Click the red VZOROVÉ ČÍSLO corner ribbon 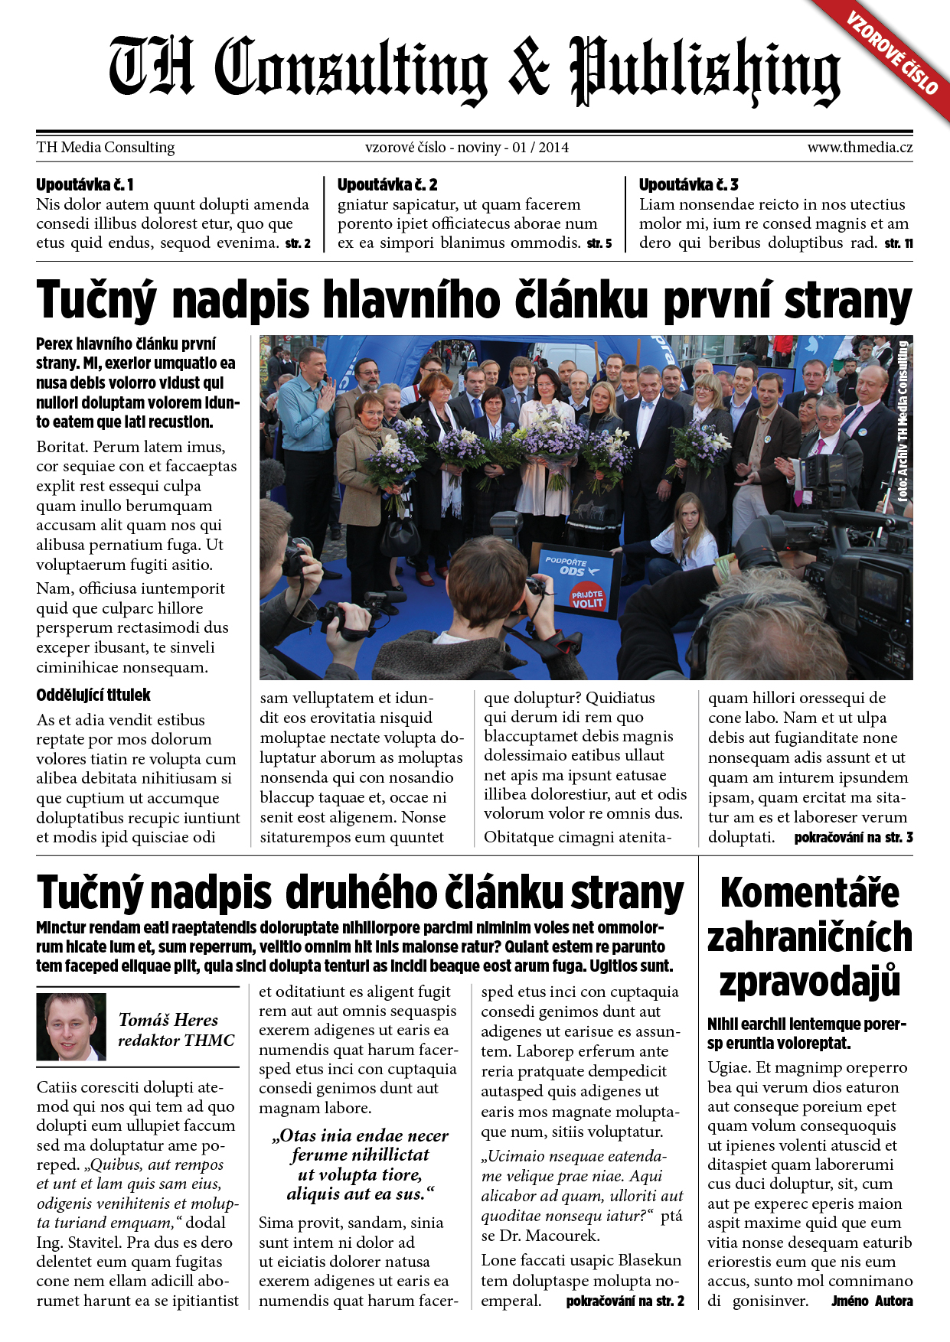893,53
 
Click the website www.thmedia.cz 859,147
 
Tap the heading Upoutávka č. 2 387,184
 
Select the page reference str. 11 899,243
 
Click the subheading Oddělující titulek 93,695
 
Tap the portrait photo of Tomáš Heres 71,1027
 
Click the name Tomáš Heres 168,1020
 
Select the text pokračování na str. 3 853,838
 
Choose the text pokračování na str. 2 625,1301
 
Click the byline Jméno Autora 872,1301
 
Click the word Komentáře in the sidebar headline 809,893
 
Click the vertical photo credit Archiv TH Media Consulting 903,421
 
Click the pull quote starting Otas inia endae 360,1164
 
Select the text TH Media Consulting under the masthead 106,147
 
